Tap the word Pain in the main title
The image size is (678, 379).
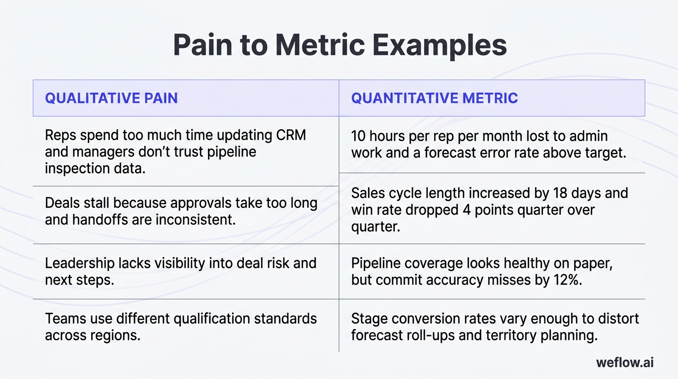203,45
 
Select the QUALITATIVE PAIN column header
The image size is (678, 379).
111,98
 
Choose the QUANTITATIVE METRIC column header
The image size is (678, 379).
434,98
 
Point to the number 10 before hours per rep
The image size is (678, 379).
359,136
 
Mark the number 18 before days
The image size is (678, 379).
560,193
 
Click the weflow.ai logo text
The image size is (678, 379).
624,362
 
